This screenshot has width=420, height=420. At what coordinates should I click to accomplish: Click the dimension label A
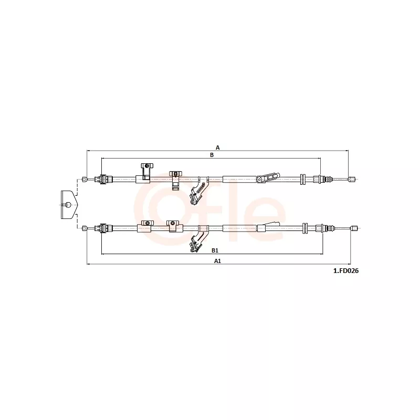(218, 148)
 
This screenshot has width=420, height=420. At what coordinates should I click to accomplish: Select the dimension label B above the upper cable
(212, 155)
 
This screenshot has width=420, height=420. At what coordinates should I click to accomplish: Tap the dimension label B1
(215, 250)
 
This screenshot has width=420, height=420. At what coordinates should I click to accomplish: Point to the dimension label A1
(217, 261)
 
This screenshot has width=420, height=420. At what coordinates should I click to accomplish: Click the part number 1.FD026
(346, 271)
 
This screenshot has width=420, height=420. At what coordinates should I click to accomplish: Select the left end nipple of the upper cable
(84, 179)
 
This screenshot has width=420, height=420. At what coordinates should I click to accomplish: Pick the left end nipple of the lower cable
(84, 228)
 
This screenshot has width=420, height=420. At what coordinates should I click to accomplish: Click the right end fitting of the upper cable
(352, 179)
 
